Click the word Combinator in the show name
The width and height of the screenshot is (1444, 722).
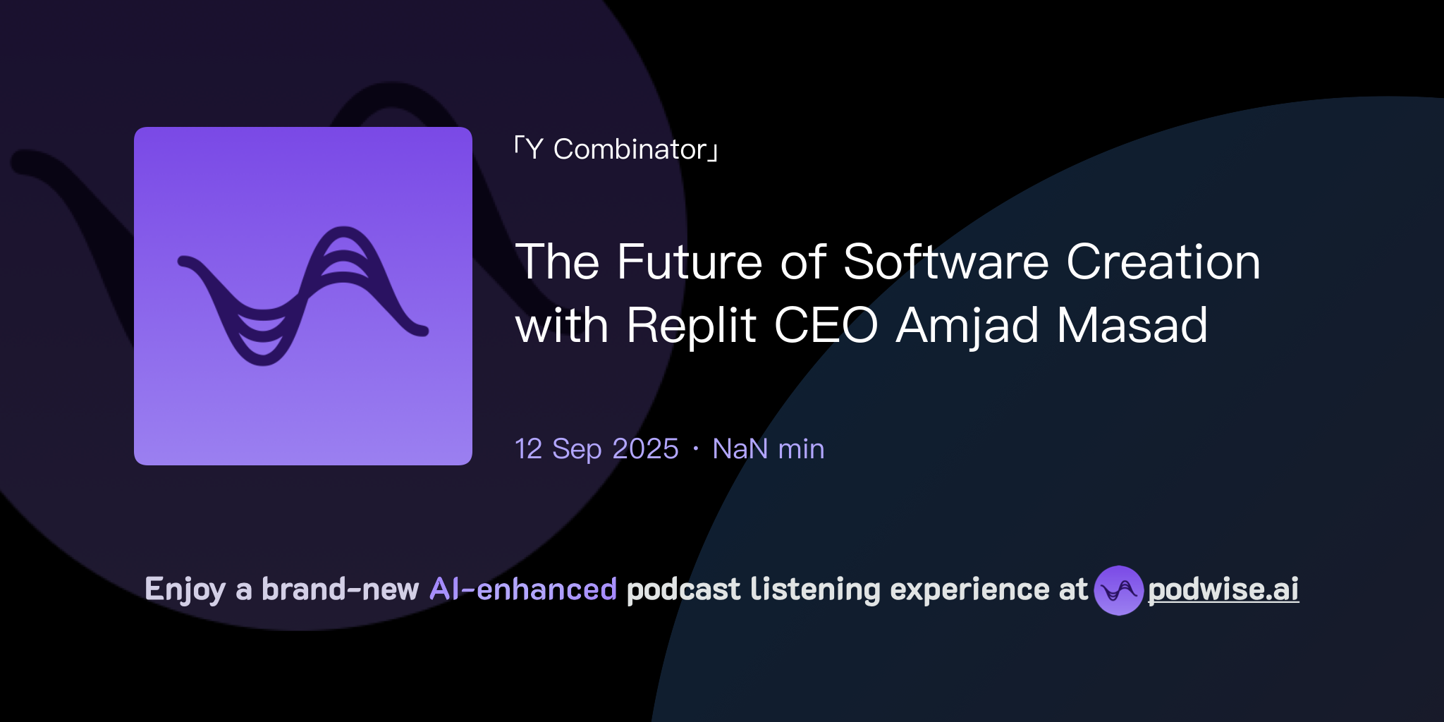click(x=630, y=149)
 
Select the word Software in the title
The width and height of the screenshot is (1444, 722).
click(x=947, y=262)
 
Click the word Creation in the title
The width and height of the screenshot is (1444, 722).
click(x=1163, y=262)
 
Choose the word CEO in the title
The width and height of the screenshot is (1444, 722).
click(x=826, y=325)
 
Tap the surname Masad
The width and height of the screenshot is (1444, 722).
click(x=1132, y=325)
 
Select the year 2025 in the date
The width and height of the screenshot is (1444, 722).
click(x=645, y=449)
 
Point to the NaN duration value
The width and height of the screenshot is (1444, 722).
click(x=740, y=449)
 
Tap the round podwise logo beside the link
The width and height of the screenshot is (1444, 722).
click(x=1118, y=590)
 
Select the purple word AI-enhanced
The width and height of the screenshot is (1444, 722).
click(x=523, y=589)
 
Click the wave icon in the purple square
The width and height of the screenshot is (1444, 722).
click(x=303, y=296)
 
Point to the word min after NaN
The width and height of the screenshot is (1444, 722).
click(x=801, y=449)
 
